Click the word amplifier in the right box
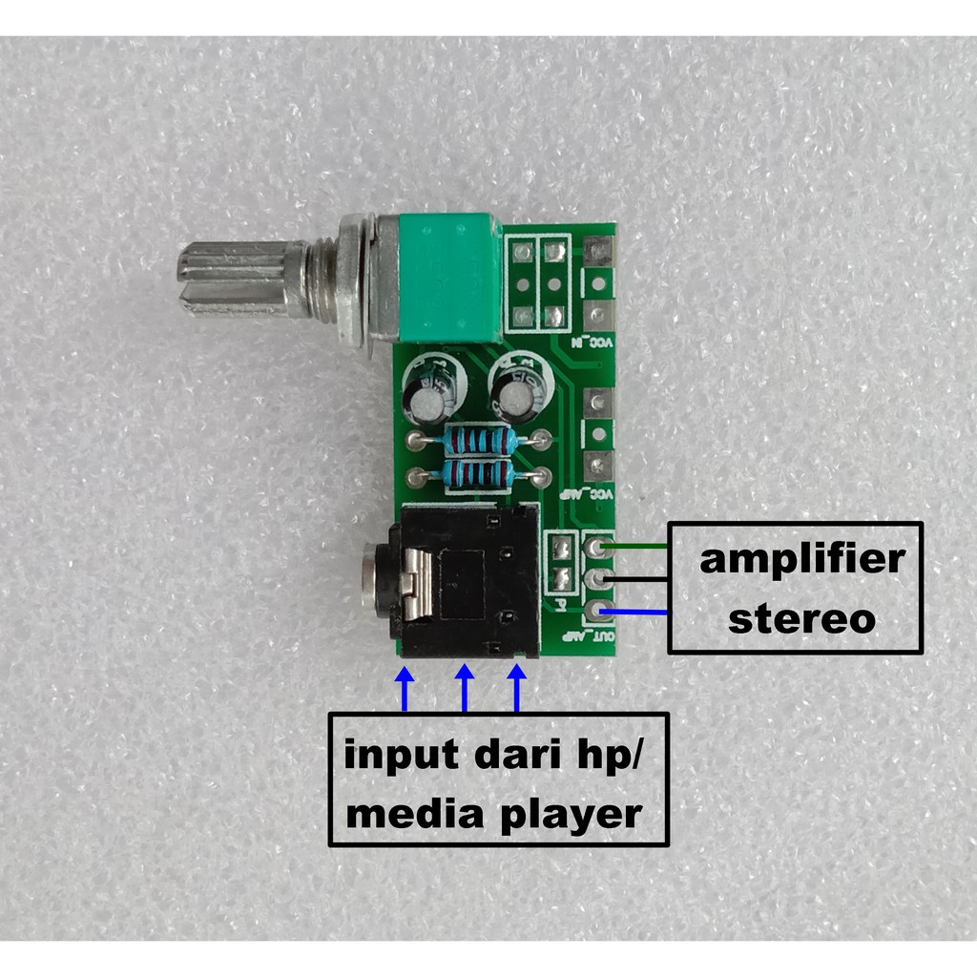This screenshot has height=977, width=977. (800, 560)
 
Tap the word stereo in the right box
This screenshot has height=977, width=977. (800, 618)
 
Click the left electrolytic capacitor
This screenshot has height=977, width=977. (431, 391)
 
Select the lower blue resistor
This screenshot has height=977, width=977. (478, 474)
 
